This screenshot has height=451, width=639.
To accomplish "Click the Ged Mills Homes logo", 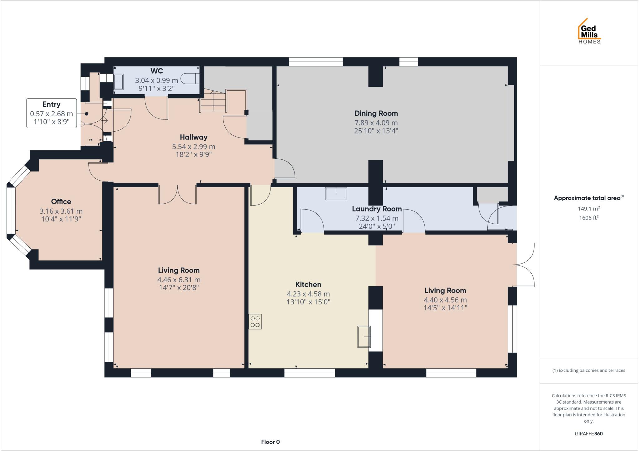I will pos(589,32).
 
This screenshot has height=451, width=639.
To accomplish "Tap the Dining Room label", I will pos(376,113).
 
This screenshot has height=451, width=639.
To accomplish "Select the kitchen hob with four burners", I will pos(255,322).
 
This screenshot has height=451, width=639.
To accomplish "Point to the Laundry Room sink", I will pos(336,193).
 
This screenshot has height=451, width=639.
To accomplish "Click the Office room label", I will pos(61,201).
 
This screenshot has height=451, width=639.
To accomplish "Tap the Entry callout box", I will pos(51,113).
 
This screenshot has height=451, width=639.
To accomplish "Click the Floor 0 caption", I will pos(270,442).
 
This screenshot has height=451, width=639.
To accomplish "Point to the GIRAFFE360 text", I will pos(588,434).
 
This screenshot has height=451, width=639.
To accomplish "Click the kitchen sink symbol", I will pos(364,337).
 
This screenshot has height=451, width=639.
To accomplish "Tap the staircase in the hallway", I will pos(213,101).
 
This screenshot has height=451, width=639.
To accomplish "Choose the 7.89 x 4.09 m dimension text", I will pos(376,123).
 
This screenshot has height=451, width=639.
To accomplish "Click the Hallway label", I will pos(193,137).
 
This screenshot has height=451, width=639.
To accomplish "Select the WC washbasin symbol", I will pos(119,82).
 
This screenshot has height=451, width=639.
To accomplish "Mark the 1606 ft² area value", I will pos(588,218).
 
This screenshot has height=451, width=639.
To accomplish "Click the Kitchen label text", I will pos(308,284).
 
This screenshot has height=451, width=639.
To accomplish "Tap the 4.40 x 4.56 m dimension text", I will pos(445,300).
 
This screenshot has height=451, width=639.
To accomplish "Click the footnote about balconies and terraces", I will pos(588,371).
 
